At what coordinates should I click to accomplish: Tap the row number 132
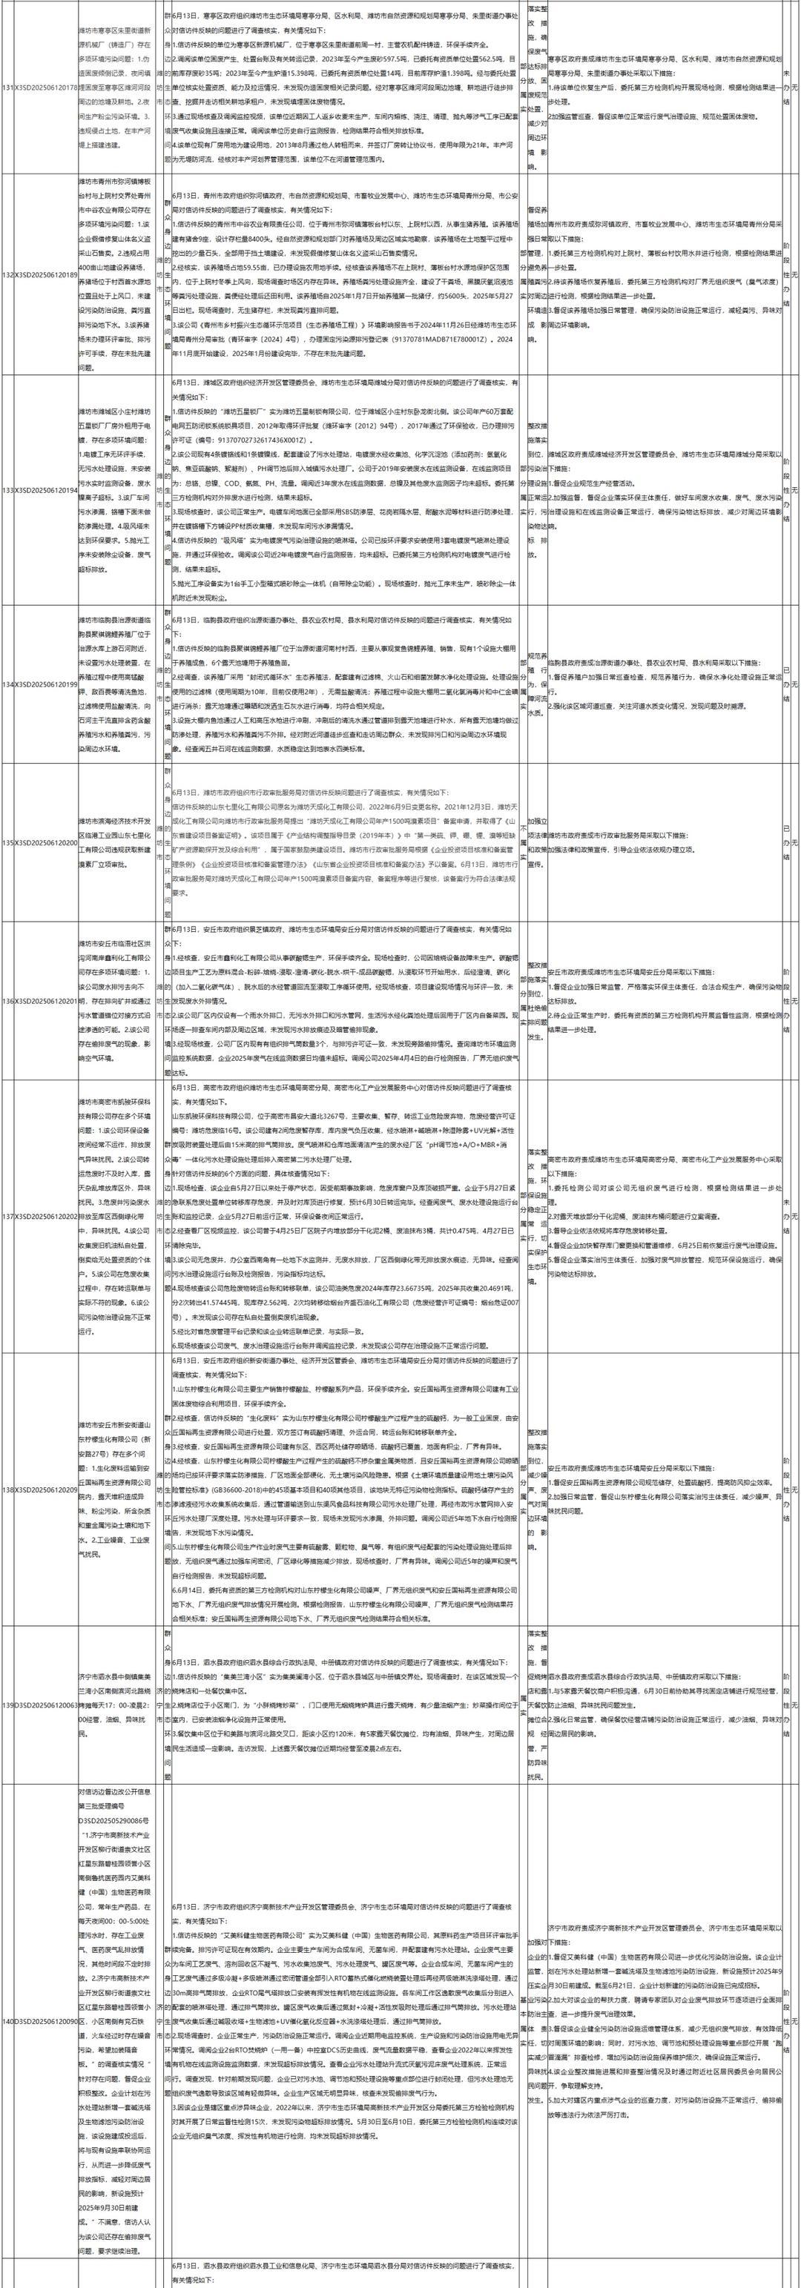click(x=9, y=275)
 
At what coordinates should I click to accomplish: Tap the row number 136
click(x=9, y=1001)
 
